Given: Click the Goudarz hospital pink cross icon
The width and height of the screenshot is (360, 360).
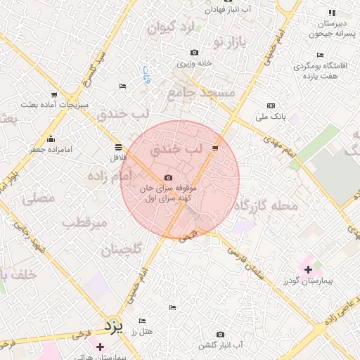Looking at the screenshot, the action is pyautogui.click(x=308, y=269).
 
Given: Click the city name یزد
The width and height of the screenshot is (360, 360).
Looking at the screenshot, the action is pyautogui.click(x=113, y=326).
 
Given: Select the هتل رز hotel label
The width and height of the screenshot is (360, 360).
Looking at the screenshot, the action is pyautogui.click(x=142, y=331).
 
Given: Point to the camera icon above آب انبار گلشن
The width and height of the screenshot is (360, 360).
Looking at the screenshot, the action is pyautogui.click(x=220, y=334).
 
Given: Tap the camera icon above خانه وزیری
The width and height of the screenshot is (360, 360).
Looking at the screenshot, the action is pyautogui.click(x=194, y=53).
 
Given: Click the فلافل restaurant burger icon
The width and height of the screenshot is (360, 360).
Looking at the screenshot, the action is pyautogui.click(x=117, y=147).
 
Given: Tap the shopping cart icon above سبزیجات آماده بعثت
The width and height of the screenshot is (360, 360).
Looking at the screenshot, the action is pyautogui.click(x=54, y=94).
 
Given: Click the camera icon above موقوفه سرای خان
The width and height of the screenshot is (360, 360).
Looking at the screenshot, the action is pyautogui.click(x=167, y=178).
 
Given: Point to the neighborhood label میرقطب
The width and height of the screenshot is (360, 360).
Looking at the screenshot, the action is pyautogui.click(x=84, y=223).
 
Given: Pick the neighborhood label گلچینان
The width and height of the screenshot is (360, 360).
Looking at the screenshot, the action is pyautogui.click(x=122, y=250).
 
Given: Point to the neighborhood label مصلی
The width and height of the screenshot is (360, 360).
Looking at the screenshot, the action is pyautogui.click(x=38, y=199).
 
